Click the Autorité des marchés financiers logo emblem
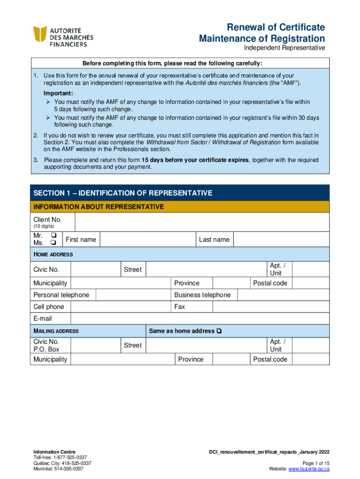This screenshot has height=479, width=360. point(40,36)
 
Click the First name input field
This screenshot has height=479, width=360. point(147,239)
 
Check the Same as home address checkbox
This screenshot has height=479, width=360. point(219,331)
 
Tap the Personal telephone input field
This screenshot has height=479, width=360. point(133,295)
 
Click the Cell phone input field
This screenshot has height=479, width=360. point(120,307)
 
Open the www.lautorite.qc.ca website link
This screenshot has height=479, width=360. point(309,469)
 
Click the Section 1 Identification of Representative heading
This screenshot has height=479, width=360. point(122,193)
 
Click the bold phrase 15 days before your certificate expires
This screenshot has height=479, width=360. point(196,160)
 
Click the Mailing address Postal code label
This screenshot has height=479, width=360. point(270,359)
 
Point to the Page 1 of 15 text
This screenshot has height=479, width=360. point(313,463)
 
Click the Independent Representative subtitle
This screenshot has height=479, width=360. point(284,48)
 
